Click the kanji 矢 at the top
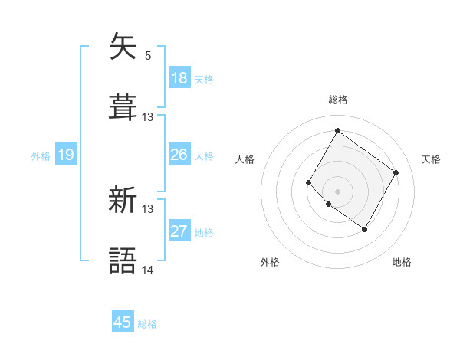coord(123,47)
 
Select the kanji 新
coord(123,201)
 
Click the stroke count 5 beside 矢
coord(148,55)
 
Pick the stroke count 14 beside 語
coord(148,270)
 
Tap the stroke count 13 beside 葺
coord(148,116)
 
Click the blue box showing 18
coord(179,78)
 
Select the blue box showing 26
coord(179,155)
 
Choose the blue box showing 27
coord(179,232)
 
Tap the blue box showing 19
coord(66,155)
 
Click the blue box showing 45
coord(123,322)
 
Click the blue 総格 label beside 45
coord(147,324)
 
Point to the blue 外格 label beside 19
coord(41,156)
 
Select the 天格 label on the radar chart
coord(431,159)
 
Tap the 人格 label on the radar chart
coord(245,159)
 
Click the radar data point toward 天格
coord(396,173)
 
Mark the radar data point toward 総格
coord(337,130)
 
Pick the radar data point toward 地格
coord(364,229)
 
